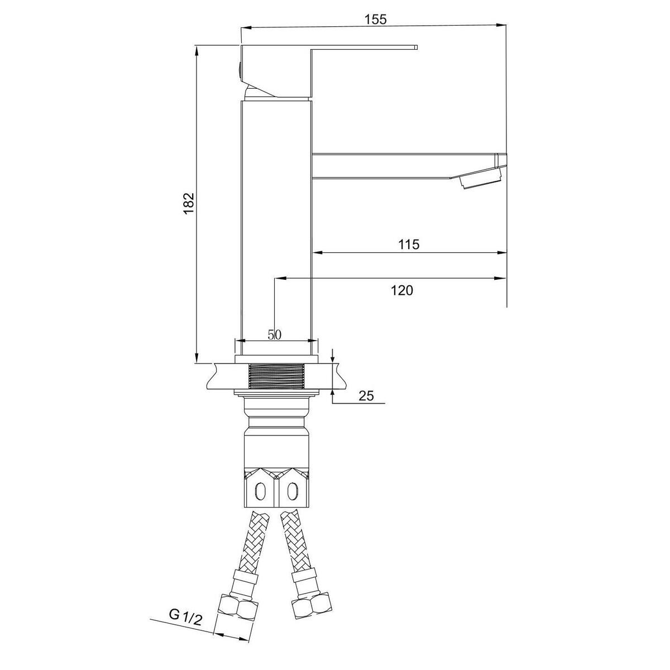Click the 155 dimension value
coord(375,20)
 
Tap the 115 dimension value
coord(409,245)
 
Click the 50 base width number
coord(274,334)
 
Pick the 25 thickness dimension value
coord(366,396)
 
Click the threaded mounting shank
coord(276,376)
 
